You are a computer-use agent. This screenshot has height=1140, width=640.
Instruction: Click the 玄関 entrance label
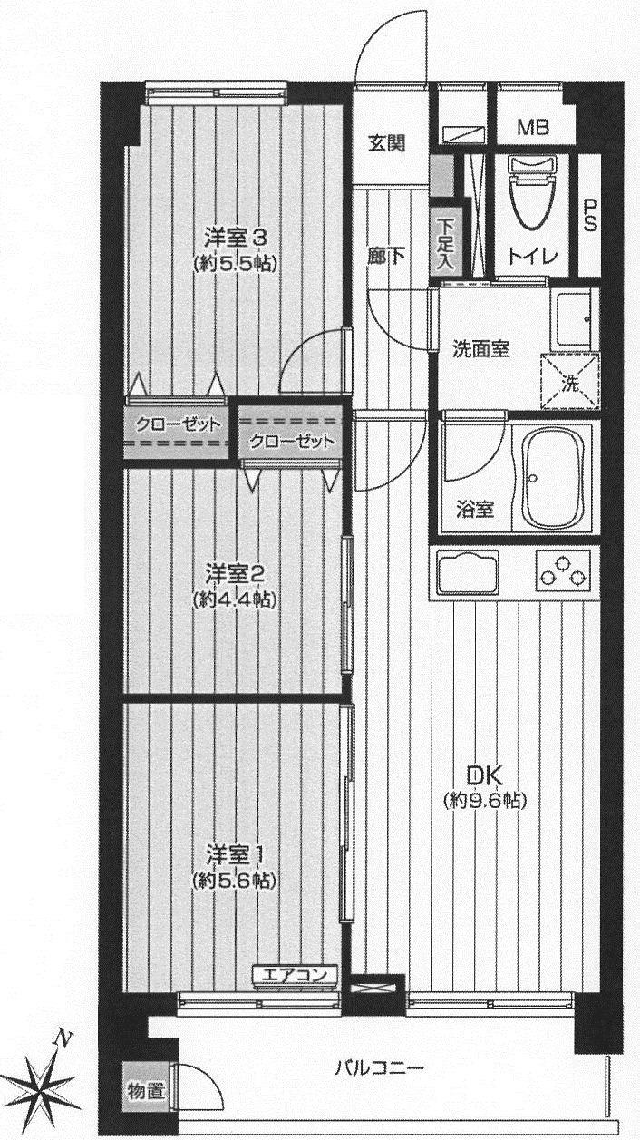[386, 142]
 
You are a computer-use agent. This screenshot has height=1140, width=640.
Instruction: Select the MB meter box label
[533, 128]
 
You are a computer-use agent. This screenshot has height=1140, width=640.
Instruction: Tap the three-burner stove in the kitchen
[563, 571]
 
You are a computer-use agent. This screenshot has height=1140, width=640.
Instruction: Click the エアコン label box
[295, 976]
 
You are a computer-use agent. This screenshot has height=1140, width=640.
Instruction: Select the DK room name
[485, 776]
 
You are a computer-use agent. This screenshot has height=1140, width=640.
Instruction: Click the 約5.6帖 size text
[235, 880]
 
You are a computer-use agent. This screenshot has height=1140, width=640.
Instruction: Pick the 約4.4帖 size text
[235, 599]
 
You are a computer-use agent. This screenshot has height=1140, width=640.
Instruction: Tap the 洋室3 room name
[235, 239]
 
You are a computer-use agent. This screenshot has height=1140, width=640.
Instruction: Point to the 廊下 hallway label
[386, 257]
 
